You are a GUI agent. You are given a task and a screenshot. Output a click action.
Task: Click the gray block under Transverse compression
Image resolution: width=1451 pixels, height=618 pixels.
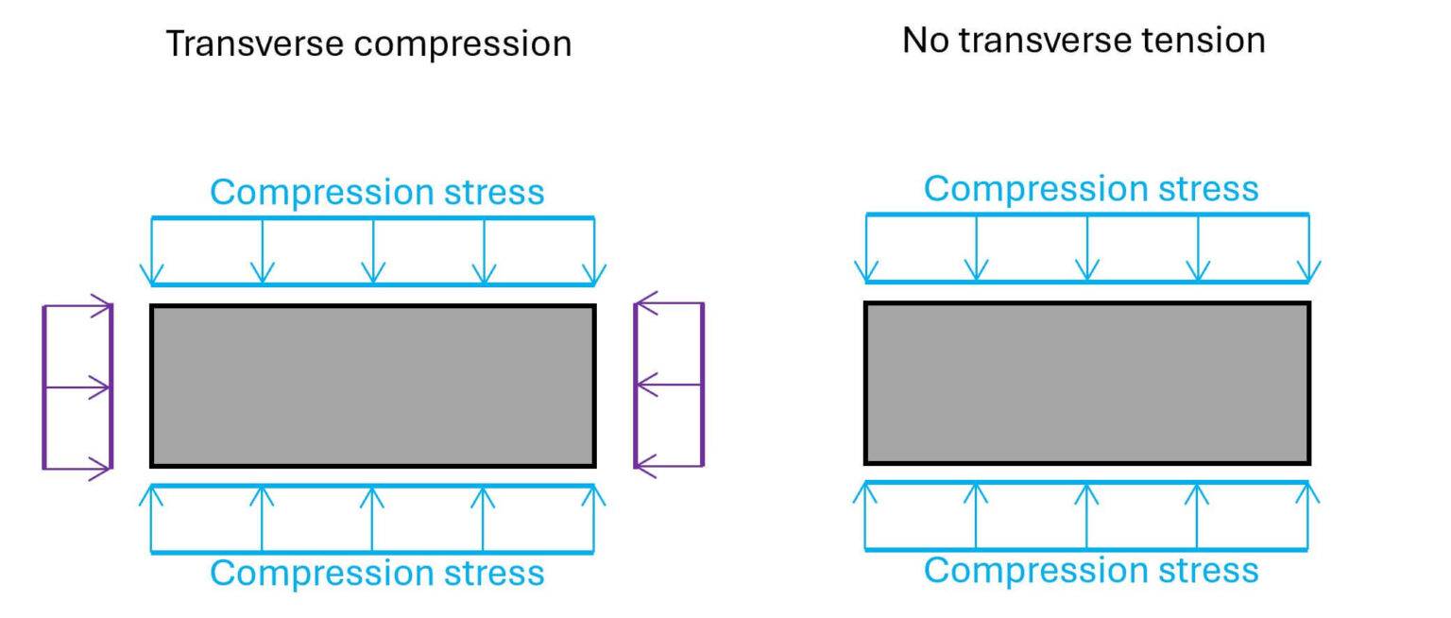pyautogui.click(x=373, y=386)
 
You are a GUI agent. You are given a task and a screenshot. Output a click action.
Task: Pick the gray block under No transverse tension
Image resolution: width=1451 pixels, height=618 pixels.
pyautogui.click(x=1087, y=383)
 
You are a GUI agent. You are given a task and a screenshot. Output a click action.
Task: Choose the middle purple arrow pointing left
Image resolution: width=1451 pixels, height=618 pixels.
pyautogui.click(x=670, y=385)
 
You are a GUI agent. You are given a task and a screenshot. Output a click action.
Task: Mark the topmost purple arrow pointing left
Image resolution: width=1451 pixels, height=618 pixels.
pyautogui.click(x=670, y=303)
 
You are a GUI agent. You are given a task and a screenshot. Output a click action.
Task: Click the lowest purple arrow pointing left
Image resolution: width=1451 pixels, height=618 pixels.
pyautogui.click(x=670, y=464)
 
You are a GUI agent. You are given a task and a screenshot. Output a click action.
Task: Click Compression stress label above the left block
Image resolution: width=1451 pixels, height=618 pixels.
pyautogui.click(x=377, y=192)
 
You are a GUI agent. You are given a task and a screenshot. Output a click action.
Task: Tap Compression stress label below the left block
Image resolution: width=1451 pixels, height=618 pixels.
pyautogui.click(x=377, y=574)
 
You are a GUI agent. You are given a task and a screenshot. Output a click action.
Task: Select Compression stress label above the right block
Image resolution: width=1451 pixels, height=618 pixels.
pyautogui.click(x=1091, y=189)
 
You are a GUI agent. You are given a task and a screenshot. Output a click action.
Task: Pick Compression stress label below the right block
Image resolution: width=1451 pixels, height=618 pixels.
pyautogui.click(x=1091, y=570)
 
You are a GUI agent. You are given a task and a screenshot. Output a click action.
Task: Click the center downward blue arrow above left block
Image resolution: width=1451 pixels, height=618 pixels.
pyautogui.click(x=374, y=251)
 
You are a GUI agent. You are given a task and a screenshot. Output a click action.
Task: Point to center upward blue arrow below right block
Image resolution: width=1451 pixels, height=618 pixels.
pyautogui.click(x=1086, y=515)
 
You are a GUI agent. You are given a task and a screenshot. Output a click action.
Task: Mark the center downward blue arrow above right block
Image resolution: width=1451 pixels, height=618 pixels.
pyautogui.click(x=1087, y=249)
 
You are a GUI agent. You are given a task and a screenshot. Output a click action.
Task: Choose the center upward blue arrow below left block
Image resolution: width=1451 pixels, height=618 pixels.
pyautogui.click(x=372, y=518)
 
